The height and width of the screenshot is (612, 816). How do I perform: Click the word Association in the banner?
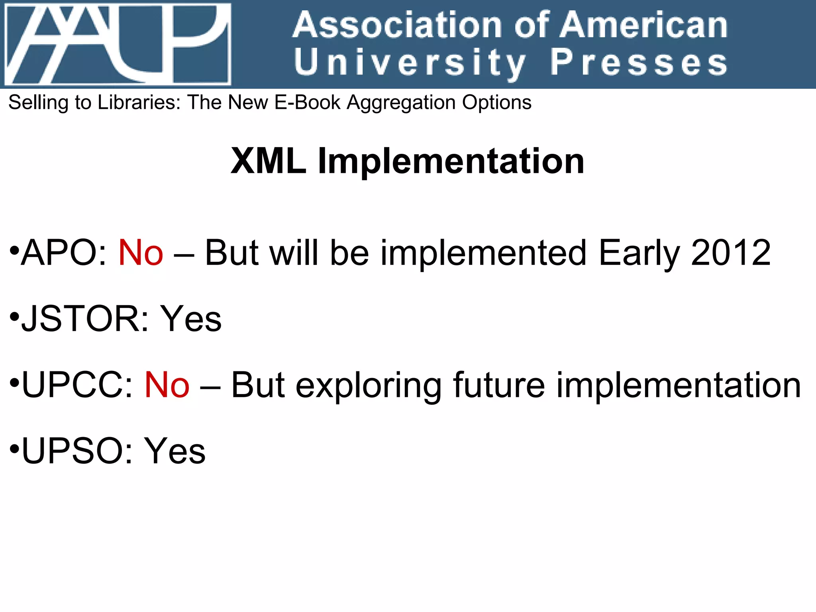click(396, 25)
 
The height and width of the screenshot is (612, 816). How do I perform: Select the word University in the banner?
click(410, 63)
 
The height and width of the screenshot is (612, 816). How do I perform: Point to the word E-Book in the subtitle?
click(307, 102)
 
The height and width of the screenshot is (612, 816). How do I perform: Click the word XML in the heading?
click(269, 161)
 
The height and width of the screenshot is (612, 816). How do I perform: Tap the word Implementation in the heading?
click(451, 161)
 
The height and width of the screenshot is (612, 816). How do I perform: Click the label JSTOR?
click(79, 319)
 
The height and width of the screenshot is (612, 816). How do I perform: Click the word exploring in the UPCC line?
click(368, 386)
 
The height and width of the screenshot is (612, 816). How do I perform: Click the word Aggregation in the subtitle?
click(401, 103)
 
